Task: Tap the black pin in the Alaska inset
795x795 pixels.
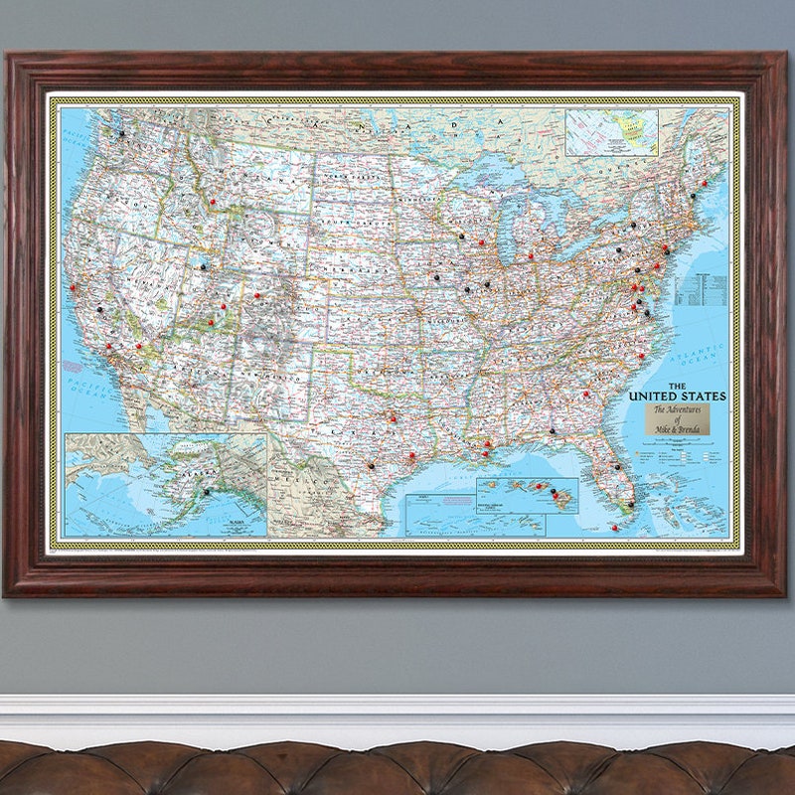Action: coord(206,491)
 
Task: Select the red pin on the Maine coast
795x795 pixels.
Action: coord(705,183)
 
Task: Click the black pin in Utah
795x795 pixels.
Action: coord(203,266)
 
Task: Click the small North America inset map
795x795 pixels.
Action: coord(611,132)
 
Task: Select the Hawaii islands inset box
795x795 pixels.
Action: coord(528,495)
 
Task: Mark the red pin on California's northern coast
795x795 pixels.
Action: coord(72,289)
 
